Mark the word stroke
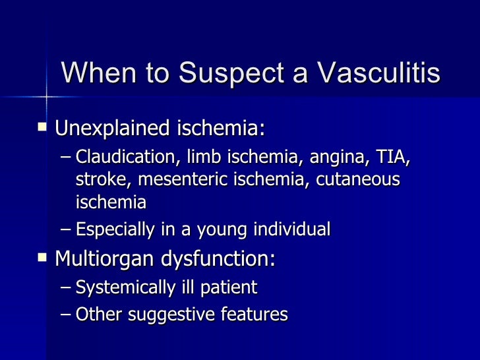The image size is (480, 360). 97,180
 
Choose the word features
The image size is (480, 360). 256,315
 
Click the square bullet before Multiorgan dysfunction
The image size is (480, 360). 44,257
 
